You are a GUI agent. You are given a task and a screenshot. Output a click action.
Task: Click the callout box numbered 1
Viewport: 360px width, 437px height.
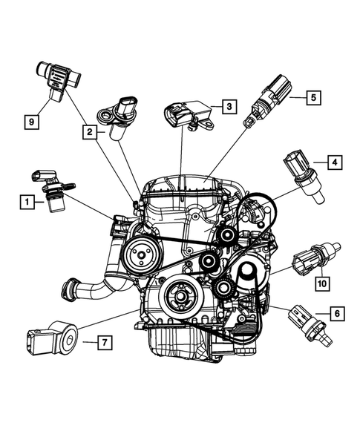[x=26, y=200]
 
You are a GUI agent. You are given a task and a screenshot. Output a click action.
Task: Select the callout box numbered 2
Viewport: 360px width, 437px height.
[x=89, y=132]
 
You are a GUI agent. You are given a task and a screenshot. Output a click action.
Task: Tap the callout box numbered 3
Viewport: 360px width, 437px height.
[x=229, y=107]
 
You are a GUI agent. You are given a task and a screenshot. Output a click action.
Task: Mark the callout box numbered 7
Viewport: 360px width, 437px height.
[x=105, y=342]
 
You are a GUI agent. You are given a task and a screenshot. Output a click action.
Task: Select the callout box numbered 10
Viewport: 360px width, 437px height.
[x=322, y=282]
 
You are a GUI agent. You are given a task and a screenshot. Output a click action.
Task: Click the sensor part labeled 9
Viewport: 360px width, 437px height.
[x=56, y=78]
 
